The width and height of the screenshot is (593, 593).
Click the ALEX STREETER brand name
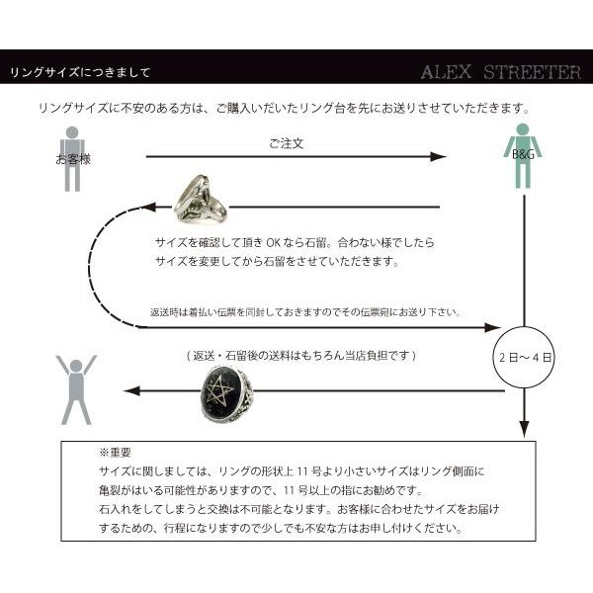click(x=500, y=72)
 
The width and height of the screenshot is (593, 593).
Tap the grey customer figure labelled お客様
click(x=72, y=158)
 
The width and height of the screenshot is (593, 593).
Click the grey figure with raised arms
click(x=76, y=389)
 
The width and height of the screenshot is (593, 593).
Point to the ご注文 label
click(x=286, y=143)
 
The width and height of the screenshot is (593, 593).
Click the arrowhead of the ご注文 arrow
click(x=439, y=157)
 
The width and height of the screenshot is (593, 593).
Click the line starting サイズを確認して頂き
click(x=295, y=242)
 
